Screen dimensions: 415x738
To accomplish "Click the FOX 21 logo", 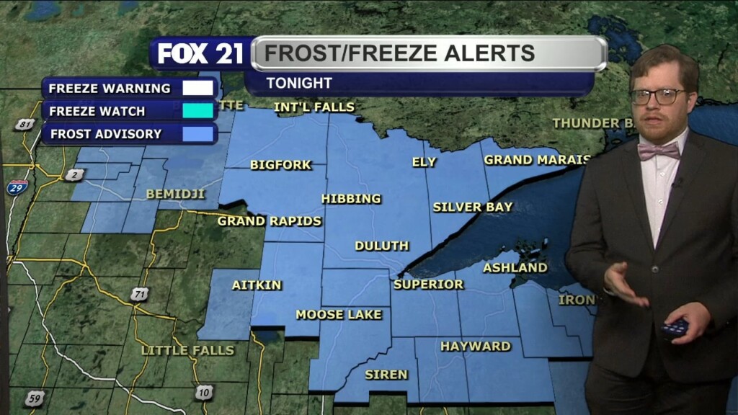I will [x=201, y=54].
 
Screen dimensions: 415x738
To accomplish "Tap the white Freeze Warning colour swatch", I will [x=198, y=89].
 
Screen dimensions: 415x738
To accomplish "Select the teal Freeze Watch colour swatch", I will [x=198, y=111].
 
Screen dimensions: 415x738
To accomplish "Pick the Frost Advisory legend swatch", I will [x=198, y=134].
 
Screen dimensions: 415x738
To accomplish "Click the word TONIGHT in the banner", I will [x=299, y=84].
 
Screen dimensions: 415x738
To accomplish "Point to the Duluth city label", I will [x=382, y=246].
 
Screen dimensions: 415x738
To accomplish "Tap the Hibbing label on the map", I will [x=351, y=199].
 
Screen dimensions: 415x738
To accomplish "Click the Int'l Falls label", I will [x=315, y=107].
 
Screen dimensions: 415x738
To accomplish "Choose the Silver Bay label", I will [x=473, y=207].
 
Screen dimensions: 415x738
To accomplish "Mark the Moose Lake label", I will [x=339, y=315].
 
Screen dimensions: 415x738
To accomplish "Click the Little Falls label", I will [x=188, y=350].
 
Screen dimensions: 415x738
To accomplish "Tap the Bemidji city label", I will [x=176, y=194].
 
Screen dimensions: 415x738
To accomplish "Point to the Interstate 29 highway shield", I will [x=19, y=187].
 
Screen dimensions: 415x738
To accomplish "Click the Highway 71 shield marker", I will [x=141, y=294].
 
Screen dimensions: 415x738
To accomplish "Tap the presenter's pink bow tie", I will [x=659, y=151].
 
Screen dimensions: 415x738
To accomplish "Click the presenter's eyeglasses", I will [x=657, y=96].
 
